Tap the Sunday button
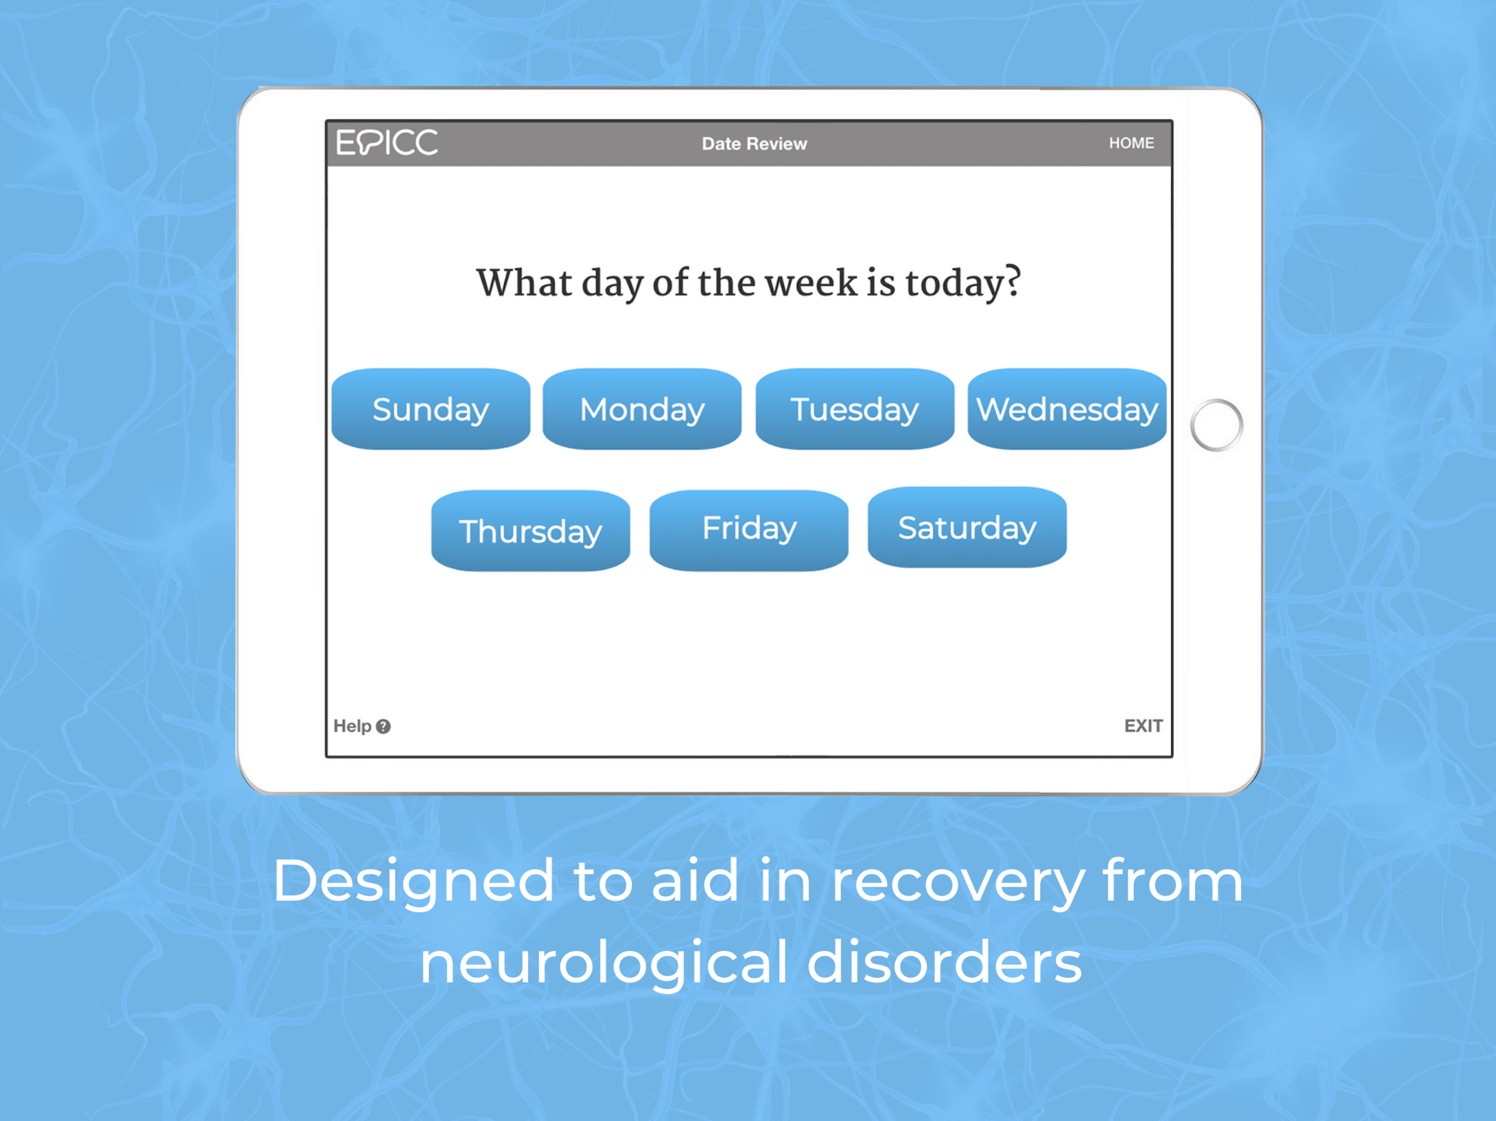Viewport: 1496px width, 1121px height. tap(431, 409)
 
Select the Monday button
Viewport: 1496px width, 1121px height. tap(642, 409)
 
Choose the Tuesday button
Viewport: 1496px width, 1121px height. tap(855, 409)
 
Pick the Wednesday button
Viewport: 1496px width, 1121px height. tap(1067, 409)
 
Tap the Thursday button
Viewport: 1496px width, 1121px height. tap(531, 531)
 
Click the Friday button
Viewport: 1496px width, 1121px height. tap(749, 531)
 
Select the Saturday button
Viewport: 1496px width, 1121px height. tap(967, 527)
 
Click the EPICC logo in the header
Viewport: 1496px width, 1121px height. tap(387, 143)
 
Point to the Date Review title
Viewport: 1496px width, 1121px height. tap(754, 143)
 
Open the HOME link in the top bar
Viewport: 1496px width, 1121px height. tap(1131, 143)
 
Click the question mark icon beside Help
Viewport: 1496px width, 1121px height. tap(383, 726)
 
